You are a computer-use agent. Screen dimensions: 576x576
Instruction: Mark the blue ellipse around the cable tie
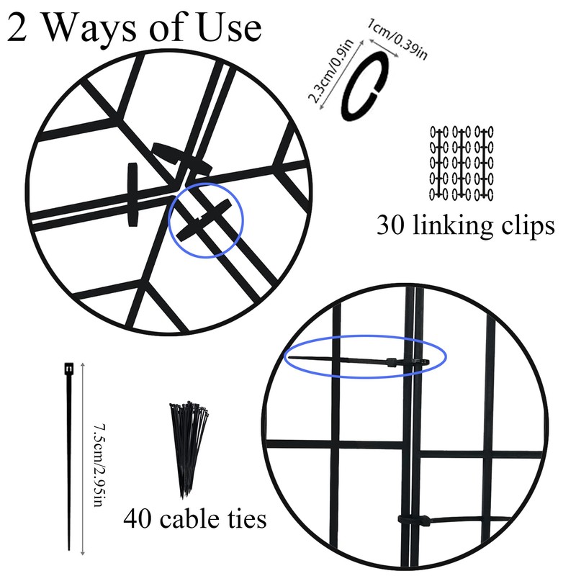point(366,359)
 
